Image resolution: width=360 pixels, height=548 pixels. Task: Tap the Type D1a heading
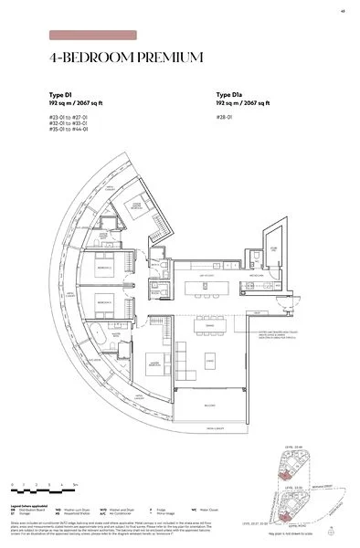(230, 94)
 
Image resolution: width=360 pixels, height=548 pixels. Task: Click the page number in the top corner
(340, 11)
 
